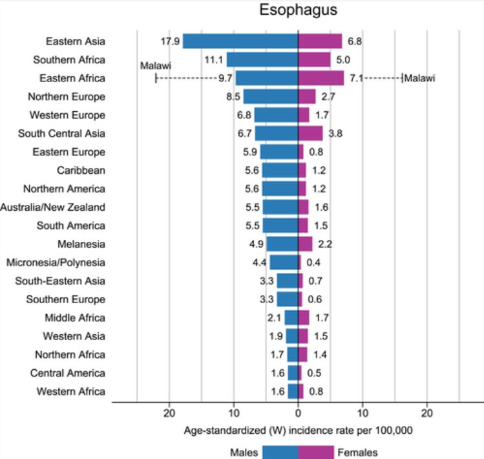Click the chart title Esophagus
[x=298, y=11]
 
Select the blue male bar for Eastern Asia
[x=240, y=41]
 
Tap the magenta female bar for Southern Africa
[x=314, y=60]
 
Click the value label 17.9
[x=169, y=42]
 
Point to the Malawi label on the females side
[x=419, y=79]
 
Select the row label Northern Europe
[x=67, y=97]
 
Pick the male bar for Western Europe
[x=276, y=115]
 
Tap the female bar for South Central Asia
[x=310, y=134]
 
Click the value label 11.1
[x=213, y=60]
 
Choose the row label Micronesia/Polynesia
[x=56, y=262]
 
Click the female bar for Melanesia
[x=305, y=244]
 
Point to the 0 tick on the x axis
[x=298, y=412]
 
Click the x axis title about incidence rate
[x=298, y=431]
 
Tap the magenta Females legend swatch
[x=316, y=452]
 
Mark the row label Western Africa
[x=70, y=391]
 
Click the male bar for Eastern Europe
[x=279, y=152]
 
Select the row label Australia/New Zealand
[x=52, y=207]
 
